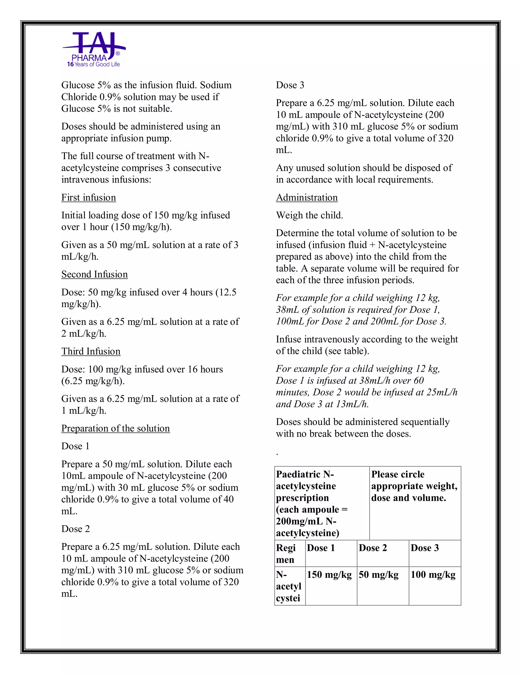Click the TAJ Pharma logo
click(x=94, y=49)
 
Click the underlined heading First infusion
click(x=89, y=198)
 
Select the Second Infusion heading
click(x=94, y=274)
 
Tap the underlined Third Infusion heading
click(x=91, y=351)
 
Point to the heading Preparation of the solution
click(x=115, y=428)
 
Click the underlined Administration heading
click(x=307, y=198)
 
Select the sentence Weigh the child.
click(x=309, y=215)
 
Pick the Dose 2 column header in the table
click(x=372, y=548)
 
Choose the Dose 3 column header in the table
click(x=424, y=548)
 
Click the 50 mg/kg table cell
click(x=378, y=575)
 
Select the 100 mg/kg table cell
click(x=433, y=575)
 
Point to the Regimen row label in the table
click(x=286, y=554)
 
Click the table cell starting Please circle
click(x=414, y=486)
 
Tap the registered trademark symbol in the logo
click(x=118, y=54)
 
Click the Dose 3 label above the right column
click(x=290, y=85)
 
